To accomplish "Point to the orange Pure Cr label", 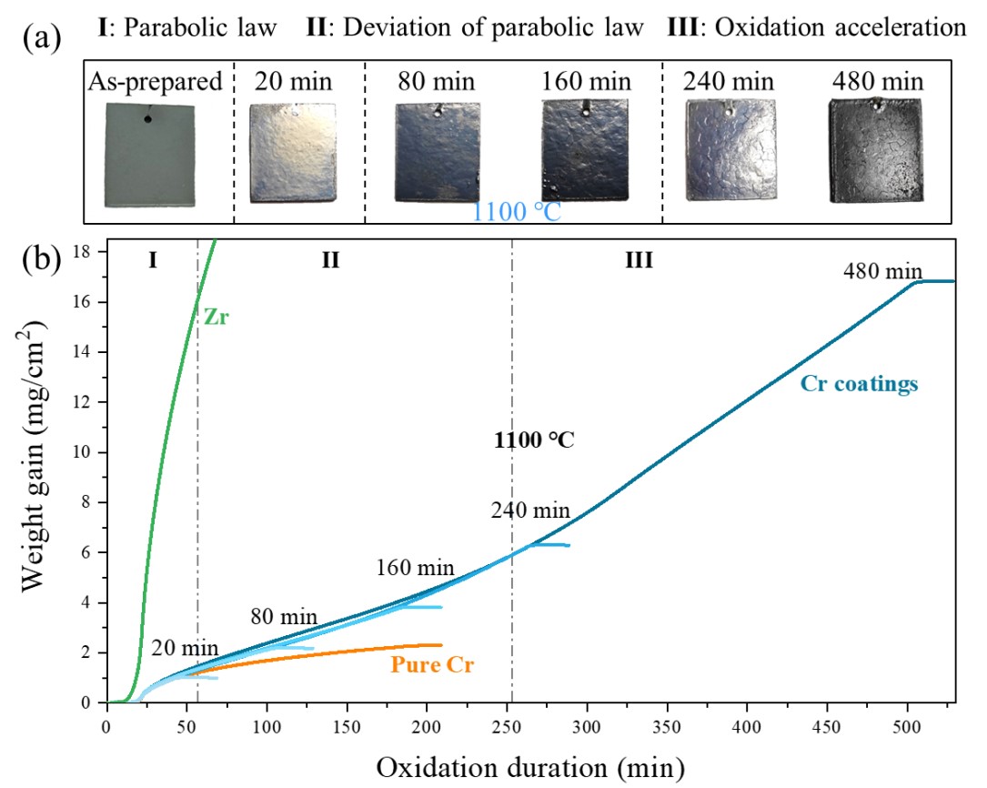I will (433, 665).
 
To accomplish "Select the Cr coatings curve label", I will (860, 384).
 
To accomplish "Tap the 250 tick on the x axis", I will (508, 725).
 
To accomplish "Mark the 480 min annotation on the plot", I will (883, 270).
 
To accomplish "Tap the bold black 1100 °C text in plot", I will (534, 441).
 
